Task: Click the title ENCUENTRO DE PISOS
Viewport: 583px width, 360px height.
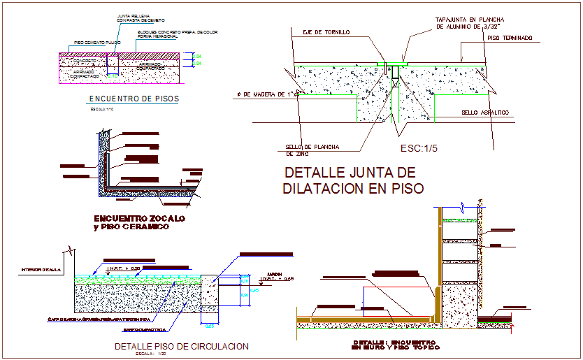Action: [x=134, y=99]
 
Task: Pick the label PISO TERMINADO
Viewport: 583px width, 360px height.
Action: [x=510, y=38]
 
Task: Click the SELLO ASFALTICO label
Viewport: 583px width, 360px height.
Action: [x=484, y=113]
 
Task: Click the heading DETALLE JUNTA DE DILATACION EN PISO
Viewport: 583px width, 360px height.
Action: [x=351, y=180]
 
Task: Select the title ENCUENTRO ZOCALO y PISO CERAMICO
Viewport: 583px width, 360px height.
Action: [x=138, y=222]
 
